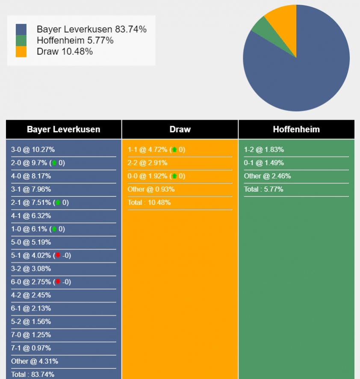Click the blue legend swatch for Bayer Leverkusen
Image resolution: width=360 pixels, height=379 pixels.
coord(21,30)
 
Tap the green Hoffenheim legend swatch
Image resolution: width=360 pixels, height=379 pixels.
coord(21,41)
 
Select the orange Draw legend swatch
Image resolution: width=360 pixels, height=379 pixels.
coord(21,52)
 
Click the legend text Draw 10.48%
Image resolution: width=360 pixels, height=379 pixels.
coord(65,52)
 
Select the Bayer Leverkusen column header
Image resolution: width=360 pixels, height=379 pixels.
coord(64,129)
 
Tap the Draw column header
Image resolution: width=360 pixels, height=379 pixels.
coord(180,129)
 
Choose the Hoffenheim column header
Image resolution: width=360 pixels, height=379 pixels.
coord(296,129)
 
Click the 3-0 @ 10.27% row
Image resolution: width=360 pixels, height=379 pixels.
coord(33,150)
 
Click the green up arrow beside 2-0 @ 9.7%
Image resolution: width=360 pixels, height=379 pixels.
coord(54,163)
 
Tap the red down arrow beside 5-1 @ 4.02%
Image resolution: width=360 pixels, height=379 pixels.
coord(58,256)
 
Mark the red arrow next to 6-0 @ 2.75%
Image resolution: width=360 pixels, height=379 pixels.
coord(58,282)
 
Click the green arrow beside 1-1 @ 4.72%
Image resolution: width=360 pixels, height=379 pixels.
coord(174,150)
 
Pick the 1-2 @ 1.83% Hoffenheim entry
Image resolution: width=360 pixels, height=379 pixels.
coord(264,150)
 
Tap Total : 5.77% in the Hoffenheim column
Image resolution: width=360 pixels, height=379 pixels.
coord(263,189)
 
